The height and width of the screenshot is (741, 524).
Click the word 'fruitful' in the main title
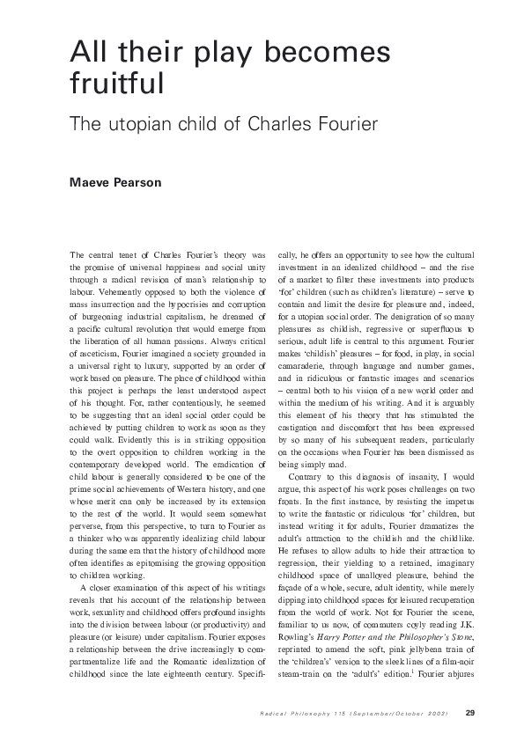pyautogui.click(x=117, y=84)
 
